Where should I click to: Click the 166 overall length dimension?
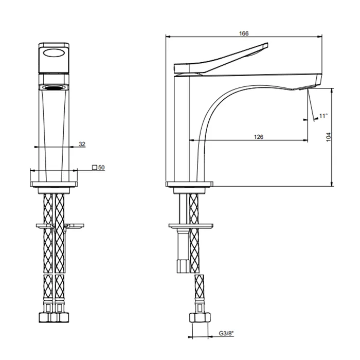tap(244, 33)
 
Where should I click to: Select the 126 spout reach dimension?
tap(259, 136)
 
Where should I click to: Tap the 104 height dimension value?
tap(328, 137)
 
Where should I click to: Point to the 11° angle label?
tap(323, 116)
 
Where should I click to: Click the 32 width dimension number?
tap(82, 144)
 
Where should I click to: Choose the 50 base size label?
tap(101, 168)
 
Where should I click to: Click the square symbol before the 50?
tap(94, 168)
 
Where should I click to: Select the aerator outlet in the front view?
tap(54, 88)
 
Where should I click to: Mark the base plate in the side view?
tap(189, 184)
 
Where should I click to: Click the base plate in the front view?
tap(54, 184)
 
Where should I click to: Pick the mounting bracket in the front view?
tap(54, 225)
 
